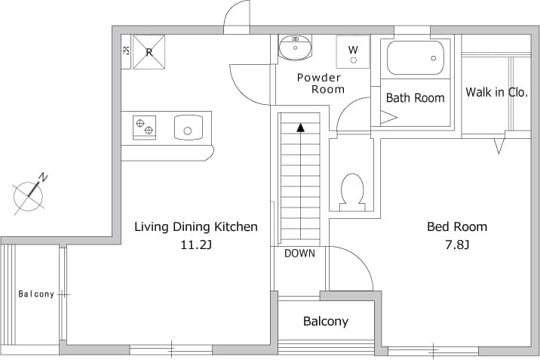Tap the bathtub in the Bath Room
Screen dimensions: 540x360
click(416, 58)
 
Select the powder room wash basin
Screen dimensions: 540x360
click(295, 48)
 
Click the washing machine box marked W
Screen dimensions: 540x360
click(353, 52)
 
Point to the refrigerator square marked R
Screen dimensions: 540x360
click(149, 52)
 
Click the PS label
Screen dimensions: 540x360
click(126, 51)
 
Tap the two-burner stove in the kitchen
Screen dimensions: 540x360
click(144, 127)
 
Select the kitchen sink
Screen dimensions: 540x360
click(189, 128)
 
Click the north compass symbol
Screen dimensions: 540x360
click(29, 195)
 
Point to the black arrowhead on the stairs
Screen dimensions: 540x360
click(301, 128)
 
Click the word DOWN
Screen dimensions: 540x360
click(299, 254)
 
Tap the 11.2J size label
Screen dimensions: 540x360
click(196, 245)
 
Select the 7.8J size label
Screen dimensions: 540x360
click(457, 245)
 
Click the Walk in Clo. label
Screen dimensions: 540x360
click(496, 92)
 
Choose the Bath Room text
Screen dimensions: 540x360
click(416, 98)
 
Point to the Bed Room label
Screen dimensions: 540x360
click(457, 226)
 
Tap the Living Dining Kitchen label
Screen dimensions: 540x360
click(196, 226)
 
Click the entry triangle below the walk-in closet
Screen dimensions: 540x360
click(499, 146)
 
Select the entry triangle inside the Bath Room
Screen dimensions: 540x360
click(388, 117)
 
